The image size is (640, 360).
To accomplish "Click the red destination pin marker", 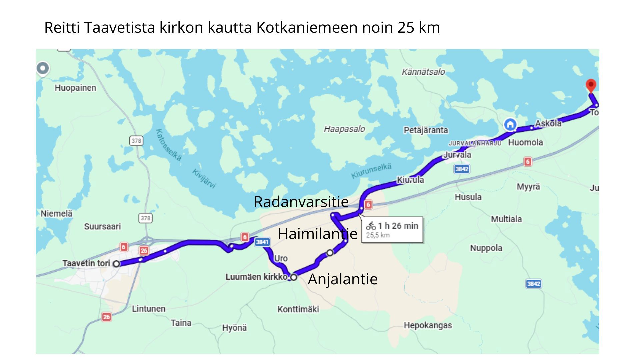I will (x=591, y=85).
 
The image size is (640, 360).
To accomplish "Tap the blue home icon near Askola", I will (x=510, y=125).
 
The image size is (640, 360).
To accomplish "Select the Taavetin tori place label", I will (x=86, y=263).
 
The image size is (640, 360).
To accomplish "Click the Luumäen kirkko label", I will (x=256, y=277).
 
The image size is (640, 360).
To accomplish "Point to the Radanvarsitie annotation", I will (x=301, y=202).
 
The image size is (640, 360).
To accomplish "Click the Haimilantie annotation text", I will (x=317, y=234).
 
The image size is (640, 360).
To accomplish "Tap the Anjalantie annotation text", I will (x=342, y=279).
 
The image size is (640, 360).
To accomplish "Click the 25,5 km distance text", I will (x=378, y=235).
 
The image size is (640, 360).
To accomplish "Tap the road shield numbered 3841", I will (x=262, y=242).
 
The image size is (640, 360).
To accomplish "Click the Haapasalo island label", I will (x=344, y=129).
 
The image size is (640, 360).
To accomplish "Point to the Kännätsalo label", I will (x=423, y=72).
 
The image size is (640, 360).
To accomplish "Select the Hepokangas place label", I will (x=428, y=325).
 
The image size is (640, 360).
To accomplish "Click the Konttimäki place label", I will (x=298, y=309).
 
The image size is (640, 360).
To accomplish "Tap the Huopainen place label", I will (x=75, y=88).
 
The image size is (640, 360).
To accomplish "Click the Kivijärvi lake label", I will (x=204, y=178).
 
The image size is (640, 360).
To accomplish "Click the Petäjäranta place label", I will (x=426, y=130).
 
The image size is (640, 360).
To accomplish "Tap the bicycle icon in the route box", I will (x=371, y=226).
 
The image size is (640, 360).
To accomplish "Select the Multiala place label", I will (x=506, y=219).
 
